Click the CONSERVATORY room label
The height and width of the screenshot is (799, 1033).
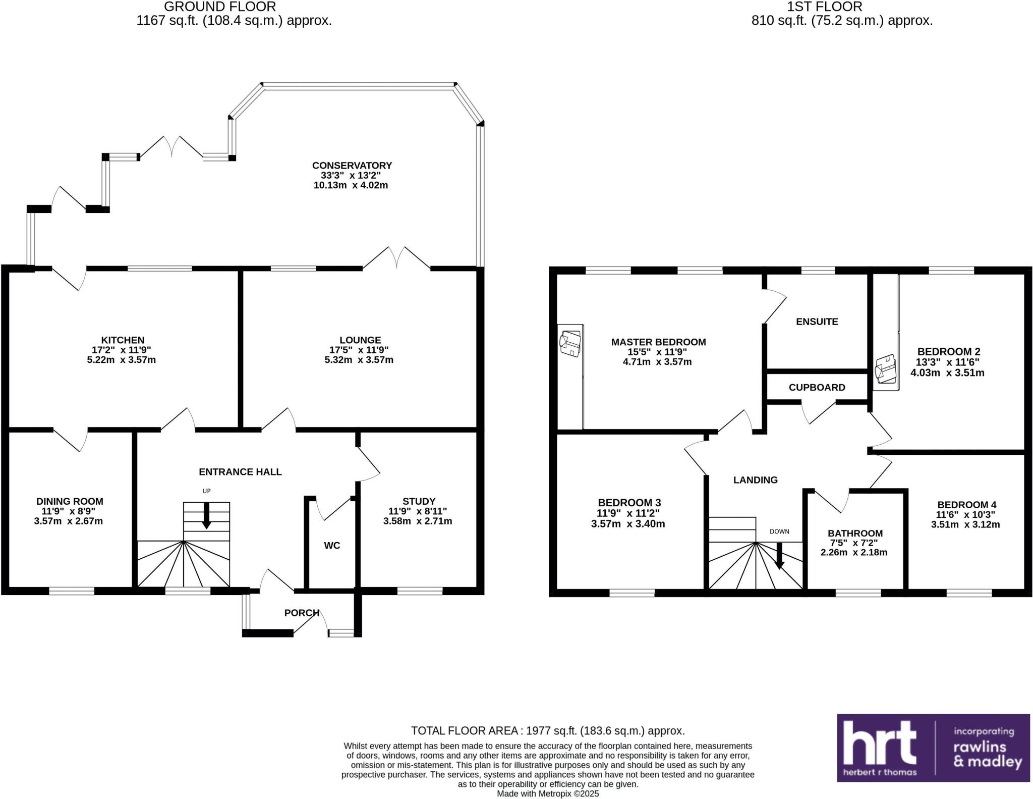352,166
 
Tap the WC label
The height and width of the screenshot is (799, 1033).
332,545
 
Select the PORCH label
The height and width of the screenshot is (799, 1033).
302,613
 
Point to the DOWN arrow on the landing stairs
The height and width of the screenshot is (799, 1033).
779,556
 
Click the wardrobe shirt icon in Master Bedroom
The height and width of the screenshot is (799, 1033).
570,344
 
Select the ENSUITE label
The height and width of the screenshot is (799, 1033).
817,322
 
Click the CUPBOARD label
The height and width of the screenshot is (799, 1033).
817,387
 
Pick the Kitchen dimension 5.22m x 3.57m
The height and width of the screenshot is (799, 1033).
121,360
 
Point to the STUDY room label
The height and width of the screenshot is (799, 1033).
419,501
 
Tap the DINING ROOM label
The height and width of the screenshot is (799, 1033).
70,501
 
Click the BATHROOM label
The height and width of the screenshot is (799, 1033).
855,533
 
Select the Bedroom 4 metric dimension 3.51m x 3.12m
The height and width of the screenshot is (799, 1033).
965,524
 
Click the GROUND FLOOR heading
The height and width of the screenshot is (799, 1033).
220,7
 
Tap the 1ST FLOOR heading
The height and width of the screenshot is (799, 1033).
842,7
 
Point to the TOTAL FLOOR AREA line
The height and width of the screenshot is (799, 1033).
548,730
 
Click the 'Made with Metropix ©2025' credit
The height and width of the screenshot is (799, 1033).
548,793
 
